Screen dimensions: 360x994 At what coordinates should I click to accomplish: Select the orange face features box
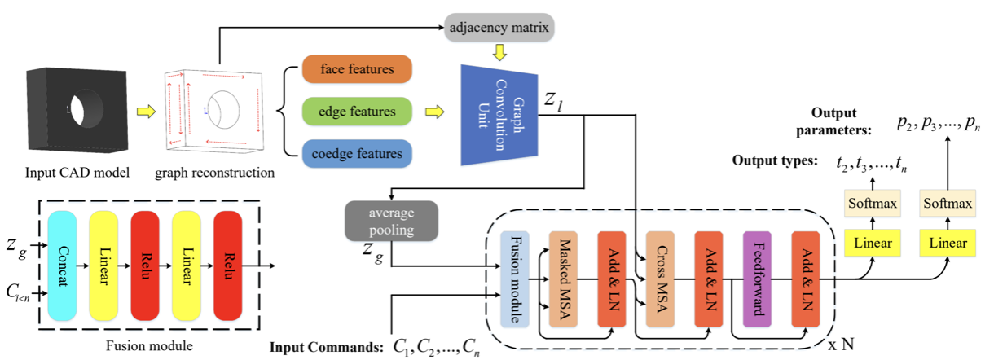click(357, 69)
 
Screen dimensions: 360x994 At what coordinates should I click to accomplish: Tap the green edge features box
click(357, 111)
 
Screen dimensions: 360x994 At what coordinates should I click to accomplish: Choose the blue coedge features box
click(357, 151)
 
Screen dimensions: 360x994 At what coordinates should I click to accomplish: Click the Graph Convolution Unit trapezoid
click(498, 110)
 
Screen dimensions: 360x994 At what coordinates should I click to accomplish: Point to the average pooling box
click(392, 219)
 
